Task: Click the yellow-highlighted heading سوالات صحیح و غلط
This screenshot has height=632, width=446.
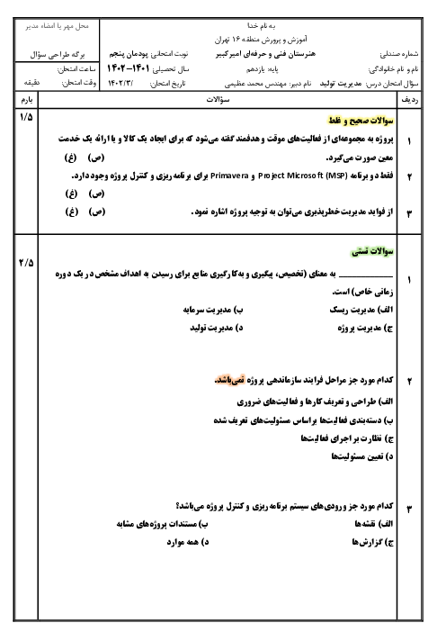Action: [361, 121]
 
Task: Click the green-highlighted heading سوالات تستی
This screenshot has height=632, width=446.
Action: [372, 251]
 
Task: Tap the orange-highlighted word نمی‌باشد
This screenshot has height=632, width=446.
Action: [229, 380]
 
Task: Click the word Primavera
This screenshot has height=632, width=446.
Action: [229, 176]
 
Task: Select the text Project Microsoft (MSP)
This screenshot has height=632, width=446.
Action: [303, 176]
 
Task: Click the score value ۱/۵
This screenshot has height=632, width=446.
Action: [26, 117]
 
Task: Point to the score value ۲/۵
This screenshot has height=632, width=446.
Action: [26, 263]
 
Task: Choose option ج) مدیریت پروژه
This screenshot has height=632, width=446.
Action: [365, 328]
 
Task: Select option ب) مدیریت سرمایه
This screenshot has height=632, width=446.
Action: [213, 310]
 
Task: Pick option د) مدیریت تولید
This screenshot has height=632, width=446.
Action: [217, 328]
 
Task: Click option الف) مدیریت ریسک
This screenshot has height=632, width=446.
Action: [361, 310]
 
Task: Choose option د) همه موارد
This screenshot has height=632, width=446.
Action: [188, 542]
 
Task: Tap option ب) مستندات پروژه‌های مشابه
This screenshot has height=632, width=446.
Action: [163, 524]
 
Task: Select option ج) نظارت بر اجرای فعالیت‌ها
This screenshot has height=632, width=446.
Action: [347, 438]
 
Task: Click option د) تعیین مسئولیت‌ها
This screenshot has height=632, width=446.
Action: [362, 456]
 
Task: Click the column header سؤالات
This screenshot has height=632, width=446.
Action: [218, 100]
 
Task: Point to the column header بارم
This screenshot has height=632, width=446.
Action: [27, 100]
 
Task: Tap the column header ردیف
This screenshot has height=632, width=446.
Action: [410, 100]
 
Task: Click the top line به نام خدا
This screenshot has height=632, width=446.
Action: [262, 26]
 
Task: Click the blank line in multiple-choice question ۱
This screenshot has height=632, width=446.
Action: [365, 276]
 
